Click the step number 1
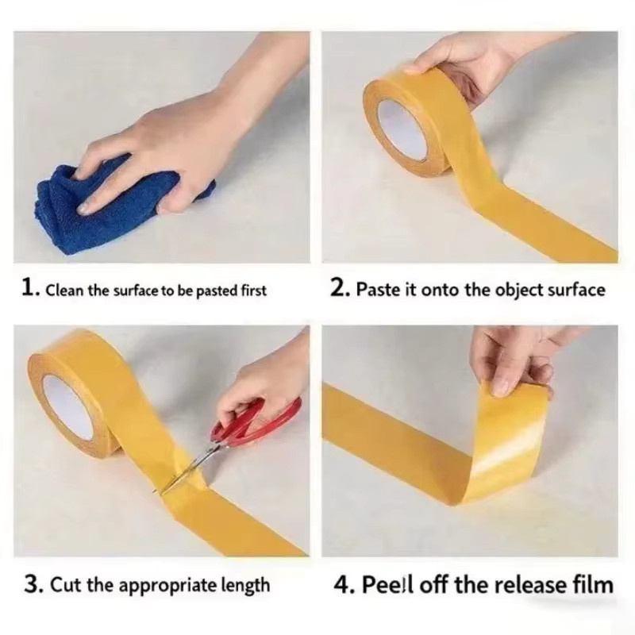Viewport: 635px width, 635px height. (29, 288)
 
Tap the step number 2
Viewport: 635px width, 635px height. (339, 288)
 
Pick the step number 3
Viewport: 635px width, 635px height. (33, 584)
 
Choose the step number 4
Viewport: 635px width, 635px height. (343, 585)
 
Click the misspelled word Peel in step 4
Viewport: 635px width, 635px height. (387, 584)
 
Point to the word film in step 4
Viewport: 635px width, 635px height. (597, 584)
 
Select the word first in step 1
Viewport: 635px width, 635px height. (254, 291)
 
